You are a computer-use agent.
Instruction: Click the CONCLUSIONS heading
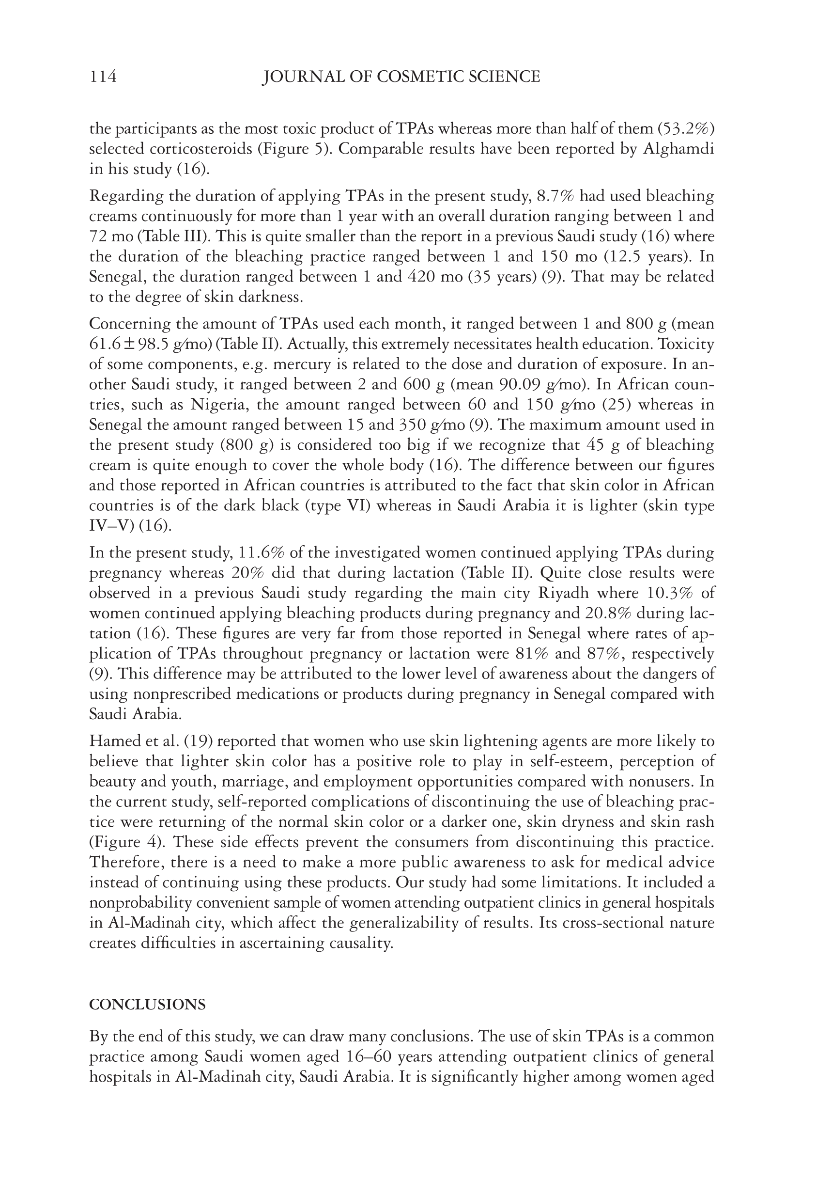click(147, 1005)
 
